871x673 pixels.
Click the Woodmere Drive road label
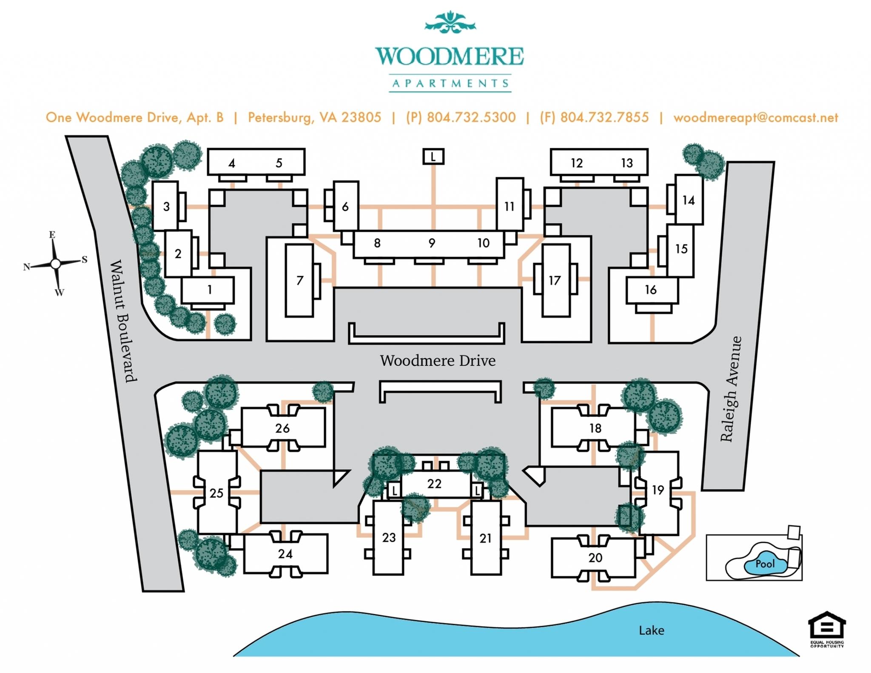[x=438, y=361]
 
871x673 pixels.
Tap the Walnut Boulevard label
[x=123, y=321]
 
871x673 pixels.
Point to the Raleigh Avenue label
[x=731, y=389]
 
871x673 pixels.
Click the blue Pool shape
[x=765, y=565]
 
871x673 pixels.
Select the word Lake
[x=651, y=630]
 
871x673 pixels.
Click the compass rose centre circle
[x=55, y=264]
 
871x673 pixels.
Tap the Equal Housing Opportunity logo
[x=827, y=629]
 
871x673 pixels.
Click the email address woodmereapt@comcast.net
[x=756, y=117]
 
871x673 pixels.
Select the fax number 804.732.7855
[x=604, y=117]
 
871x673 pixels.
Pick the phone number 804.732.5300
[x=471, y=117]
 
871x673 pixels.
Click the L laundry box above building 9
[x=433, y=157]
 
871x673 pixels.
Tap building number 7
[x=300, y=280]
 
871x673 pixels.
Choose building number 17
[x=555, y=280]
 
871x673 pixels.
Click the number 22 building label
[x=434, y=484]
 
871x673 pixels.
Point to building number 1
[x=209, y=290]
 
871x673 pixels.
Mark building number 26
[x=282, y=428]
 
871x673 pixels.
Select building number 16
[x=651, y=290]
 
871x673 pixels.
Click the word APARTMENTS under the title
[x=450, y=83]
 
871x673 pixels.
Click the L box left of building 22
[x=394, y=490]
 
